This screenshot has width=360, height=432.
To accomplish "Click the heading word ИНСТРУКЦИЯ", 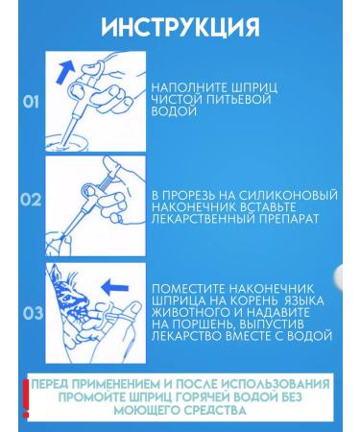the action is [x=180, y=27].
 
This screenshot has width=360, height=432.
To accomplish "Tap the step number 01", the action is [x=31, y=102].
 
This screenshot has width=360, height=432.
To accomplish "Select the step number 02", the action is [x=31, y=200].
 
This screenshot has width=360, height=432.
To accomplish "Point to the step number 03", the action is [x=33, y=313].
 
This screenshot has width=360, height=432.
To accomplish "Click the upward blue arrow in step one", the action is [x=65, y=73].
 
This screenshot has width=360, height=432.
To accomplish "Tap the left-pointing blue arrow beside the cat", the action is [x=115, y=286].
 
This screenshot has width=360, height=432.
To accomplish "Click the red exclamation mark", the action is [x=26, y=398].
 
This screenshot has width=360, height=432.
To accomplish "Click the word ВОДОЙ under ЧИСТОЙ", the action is [x=174, y=111].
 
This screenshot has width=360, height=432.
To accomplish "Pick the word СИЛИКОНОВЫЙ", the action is [x=288, y=195].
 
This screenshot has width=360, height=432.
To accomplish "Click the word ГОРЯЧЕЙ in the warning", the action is [x=204, y=397].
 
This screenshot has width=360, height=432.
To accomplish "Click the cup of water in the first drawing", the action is [x=66, y=143].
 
